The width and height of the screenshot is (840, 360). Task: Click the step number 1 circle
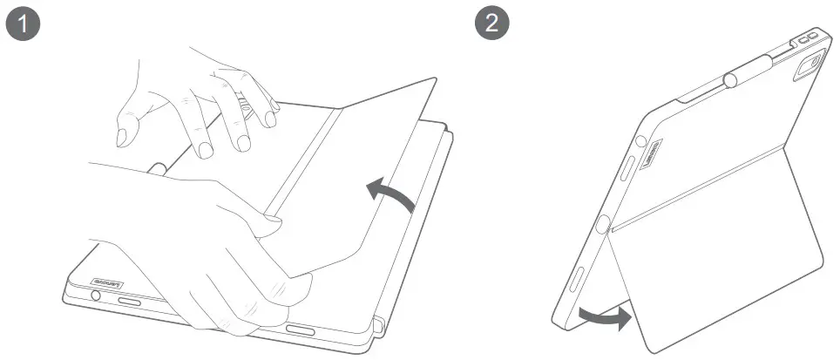24,23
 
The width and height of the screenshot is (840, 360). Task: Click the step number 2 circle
492,23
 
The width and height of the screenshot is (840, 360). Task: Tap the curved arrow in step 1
389,191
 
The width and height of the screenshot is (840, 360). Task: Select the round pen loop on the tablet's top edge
730,80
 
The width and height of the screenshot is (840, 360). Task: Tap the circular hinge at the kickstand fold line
601,224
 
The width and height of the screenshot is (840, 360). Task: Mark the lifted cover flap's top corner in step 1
433,80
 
